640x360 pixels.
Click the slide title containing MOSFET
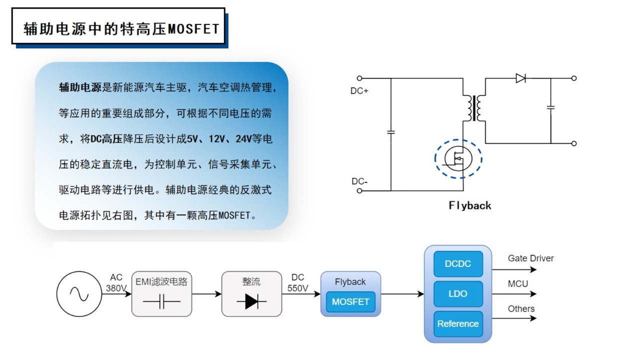coord(121,28)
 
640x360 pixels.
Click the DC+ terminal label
coord(360,91)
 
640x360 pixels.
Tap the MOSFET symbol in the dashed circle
coord(458,158)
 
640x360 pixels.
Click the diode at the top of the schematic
coord(520,78)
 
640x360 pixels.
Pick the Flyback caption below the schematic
coord(469,205)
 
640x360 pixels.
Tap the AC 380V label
coord(116,283)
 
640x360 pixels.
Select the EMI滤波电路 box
coord(161,294)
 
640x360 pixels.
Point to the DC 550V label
coord(298,283)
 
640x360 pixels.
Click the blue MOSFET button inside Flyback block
coord(350,301)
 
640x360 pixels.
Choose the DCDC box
coord(457,264)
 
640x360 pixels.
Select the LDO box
coord(457,293)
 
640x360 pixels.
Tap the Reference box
coord(457,323)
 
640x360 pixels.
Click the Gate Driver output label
coord(530,258)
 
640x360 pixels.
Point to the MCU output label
coord(517,283)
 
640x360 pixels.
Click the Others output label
coord(521,308)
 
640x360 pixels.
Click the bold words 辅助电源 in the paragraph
coord(80,88)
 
